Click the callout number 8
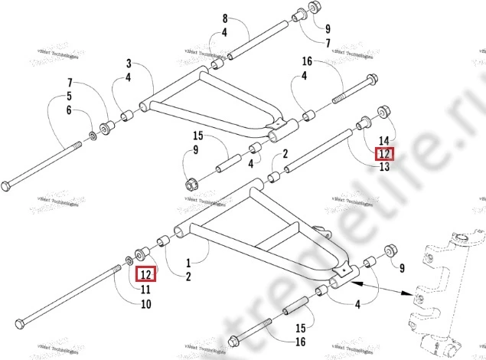tap(225, 18)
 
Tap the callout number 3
tap(129, 63)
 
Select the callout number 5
tap(69, 97)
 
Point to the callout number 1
tap(188, 262)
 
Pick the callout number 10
tap(145, 304)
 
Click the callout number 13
tap(384, 167)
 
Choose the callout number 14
tap(384, 141)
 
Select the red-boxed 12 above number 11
tap(145, 274)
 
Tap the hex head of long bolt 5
tap(7, 185)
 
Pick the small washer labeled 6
tap(93, 135)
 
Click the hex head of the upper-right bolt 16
tap(372, 80)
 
